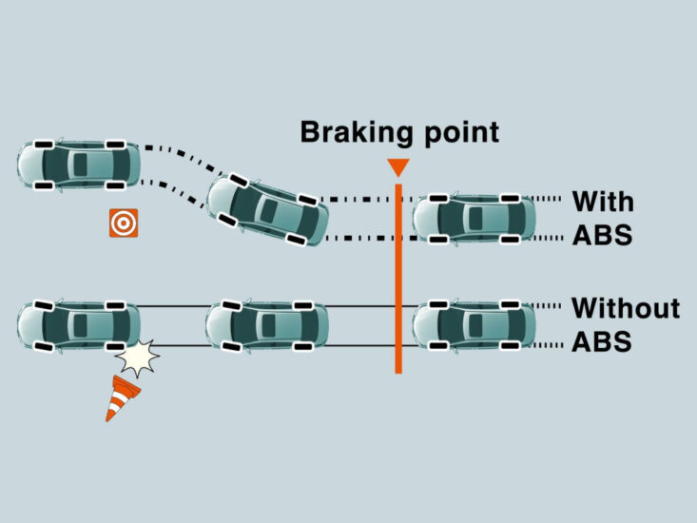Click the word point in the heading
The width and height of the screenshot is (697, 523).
[458, 132]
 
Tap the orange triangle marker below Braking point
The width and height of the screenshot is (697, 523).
[398, 167]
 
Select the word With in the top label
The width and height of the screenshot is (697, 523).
[602, 202]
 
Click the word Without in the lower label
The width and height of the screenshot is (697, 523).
[625, 308]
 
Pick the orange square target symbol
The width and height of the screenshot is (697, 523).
[123, 223]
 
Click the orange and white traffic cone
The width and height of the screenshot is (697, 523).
[120, 397]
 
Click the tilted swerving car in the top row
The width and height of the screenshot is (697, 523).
[268, 209]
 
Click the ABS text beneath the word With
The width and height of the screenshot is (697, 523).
[601, 235]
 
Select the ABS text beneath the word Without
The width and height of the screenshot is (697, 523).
[601, 341]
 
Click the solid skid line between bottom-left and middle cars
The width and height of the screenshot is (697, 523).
[171, 307]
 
